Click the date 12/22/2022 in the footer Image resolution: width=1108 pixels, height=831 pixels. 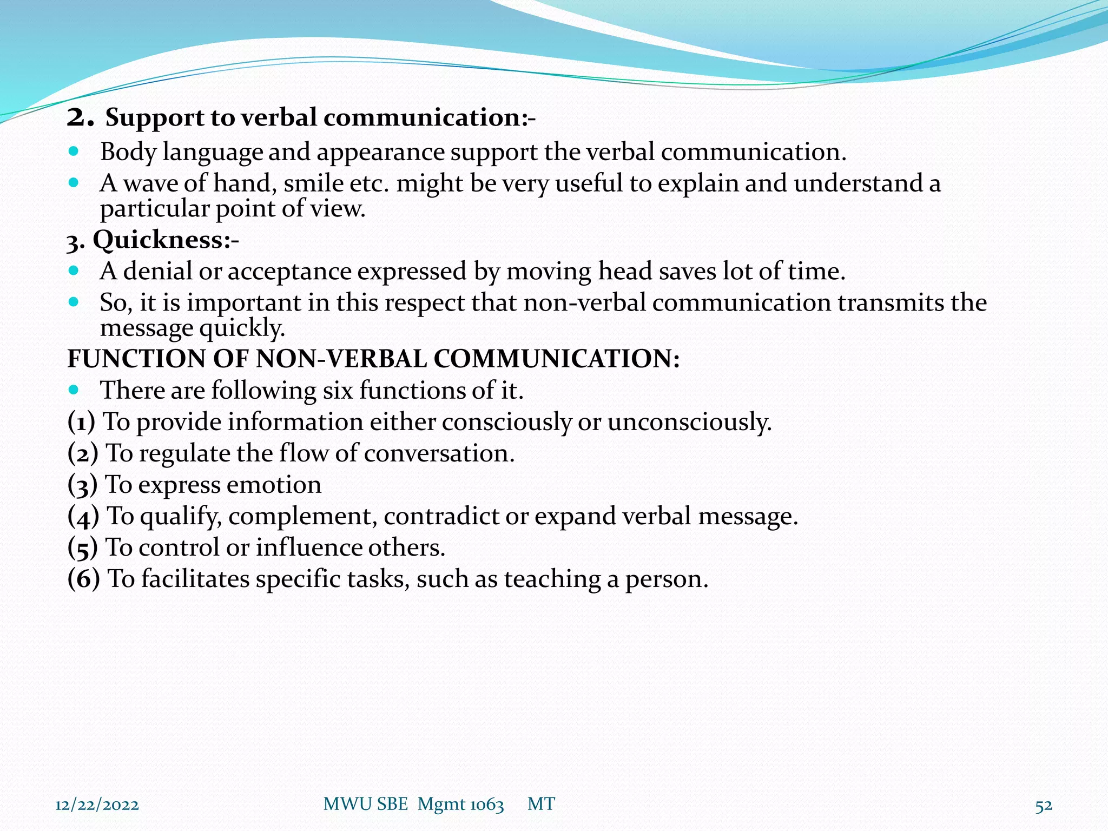point(97,805)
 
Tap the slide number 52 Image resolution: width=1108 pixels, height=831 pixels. point(1044,806)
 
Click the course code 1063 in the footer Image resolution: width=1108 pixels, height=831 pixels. point(486,805)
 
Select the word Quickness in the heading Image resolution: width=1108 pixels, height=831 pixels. point(159,240)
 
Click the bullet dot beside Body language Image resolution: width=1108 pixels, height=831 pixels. point(74,151)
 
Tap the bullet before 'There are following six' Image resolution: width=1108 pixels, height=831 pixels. point(74,390)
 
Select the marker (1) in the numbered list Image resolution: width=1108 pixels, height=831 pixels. point(81,422)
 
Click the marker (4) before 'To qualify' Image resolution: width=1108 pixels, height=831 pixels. point(83,516)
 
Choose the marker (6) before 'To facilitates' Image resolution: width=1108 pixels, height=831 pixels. point(83,579)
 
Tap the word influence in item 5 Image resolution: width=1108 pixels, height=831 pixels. point(309,548)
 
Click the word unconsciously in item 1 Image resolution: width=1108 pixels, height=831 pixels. point(689,422)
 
